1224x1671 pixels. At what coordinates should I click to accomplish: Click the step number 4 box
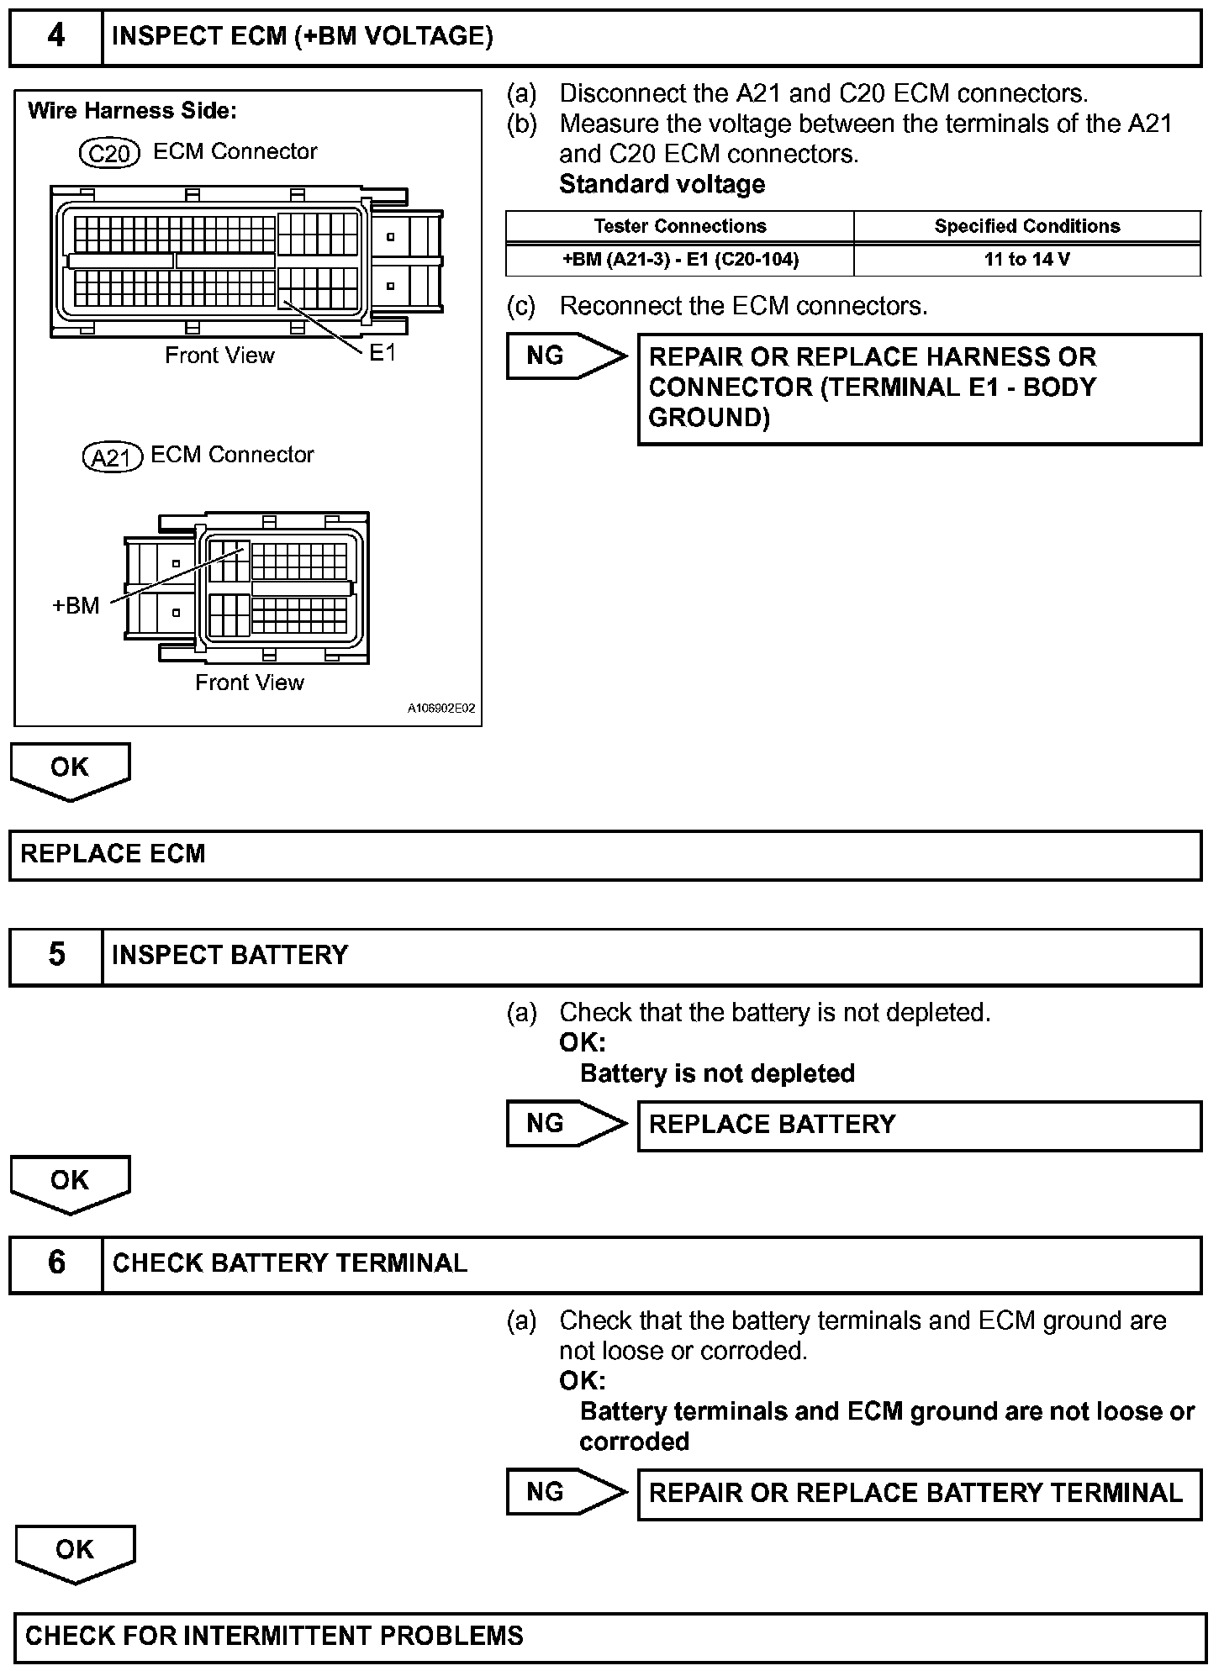(x=55, y=37)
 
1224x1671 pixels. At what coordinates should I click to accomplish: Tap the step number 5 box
(x=55, y=956)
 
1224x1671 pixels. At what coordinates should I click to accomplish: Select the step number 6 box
(x=55, y=1263)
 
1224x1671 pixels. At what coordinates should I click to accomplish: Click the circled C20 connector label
(x=108, y=153)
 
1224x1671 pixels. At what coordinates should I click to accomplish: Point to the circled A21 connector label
(x=112, y=457)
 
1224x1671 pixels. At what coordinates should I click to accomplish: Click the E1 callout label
(x=382, y=353)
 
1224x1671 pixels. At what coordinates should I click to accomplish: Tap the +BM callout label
(x=76, y=605)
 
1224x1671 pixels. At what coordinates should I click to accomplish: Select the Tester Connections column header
(x=679, y=226)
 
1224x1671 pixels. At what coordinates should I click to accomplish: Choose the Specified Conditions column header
(x=1026, y=226)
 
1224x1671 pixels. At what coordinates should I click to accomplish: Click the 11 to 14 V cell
(x=1026, y=260)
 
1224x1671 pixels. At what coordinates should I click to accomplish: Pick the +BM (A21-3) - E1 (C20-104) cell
(x=679, y=260)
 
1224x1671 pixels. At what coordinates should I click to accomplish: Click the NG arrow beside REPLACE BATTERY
(x=565, y=1124)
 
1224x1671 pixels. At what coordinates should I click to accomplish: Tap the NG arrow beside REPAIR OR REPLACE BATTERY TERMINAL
(x=565, y=1492)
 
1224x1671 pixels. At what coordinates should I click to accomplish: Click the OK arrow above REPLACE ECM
(x=70, y=769)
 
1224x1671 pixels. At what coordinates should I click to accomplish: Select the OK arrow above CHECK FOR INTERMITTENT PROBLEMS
(x=75, y=1552)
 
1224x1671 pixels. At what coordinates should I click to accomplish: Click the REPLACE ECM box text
(x=113, y=854)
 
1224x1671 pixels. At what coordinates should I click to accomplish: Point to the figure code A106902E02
(x=441, y=709)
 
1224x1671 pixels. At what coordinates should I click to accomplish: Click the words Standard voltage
(x=662, y=184)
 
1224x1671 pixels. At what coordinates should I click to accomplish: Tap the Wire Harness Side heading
(x=132, y=111)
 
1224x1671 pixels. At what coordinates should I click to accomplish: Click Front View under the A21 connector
(x=249, y=683)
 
